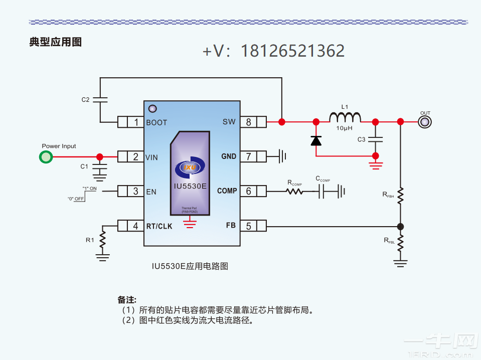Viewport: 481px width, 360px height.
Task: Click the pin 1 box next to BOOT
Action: click(135, 122)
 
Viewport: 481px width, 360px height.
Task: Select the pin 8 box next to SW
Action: click(248, 122)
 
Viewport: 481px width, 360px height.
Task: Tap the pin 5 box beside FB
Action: click(248, 226)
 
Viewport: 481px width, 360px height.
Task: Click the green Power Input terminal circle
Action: click(46, 157)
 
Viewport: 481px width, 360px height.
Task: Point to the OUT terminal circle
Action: click(425, 122)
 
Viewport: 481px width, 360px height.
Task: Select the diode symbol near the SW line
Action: click(316, 141)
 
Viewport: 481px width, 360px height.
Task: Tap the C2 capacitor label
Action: click(86, 100)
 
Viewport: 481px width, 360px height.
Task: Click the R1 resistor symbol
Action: click(103, 241)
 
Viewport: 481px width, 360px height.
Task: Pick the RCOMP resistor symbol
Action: click(295, 191)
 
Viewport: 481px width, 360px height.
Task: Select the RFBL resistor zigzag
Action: click(400, 242)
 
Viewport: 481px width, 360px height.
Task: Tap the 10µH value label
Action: click(345, 128)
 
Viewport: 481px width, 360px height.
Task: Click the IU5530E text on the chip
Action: click(190, 186)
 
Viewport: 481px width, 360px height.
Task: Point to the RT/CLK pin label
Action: click(159, 226)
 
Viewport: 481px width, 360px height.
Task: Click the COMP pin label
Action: click(227, 191)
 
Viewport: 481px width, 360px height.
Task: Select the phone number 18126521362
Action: click(292, 51)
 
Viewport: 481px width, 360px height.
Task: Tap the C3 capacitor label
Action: click(361, 139)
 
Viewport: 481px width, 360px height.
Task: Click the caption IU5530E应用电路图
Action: click(190, 266)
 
